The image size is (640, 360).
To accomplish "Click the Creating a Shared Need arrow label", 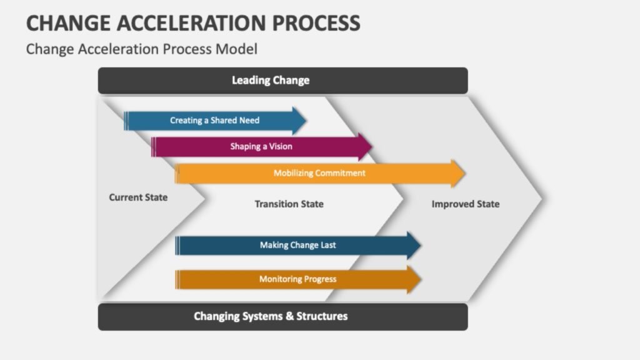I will (214, 120).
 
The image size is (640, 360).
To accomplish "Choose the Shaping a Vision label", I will (261, 146).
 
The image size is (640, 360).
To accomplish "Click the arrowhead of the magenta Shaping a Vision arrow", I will (366, 146).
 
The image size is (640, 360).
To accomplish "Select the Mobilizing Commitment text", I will (319, 173).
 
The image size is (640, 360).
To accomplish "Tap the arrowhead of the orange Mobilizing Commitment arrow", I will (459, 173).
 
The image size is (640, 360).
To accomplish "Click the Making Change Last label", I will (297, 245).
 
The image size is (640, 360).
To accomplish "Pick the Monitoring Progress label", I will (297, 279).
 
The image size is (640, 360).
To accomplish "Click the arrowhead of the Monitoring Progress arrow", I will (415, 279).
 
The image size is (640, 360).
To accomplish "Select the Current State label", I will (138, 197).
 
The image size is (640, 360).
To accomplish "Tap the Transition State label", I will (289, 204).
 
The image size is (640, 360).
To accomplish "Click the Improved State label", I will (466, 204).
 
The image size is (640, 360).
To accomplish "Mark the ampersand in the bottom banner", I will (289, 316).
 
